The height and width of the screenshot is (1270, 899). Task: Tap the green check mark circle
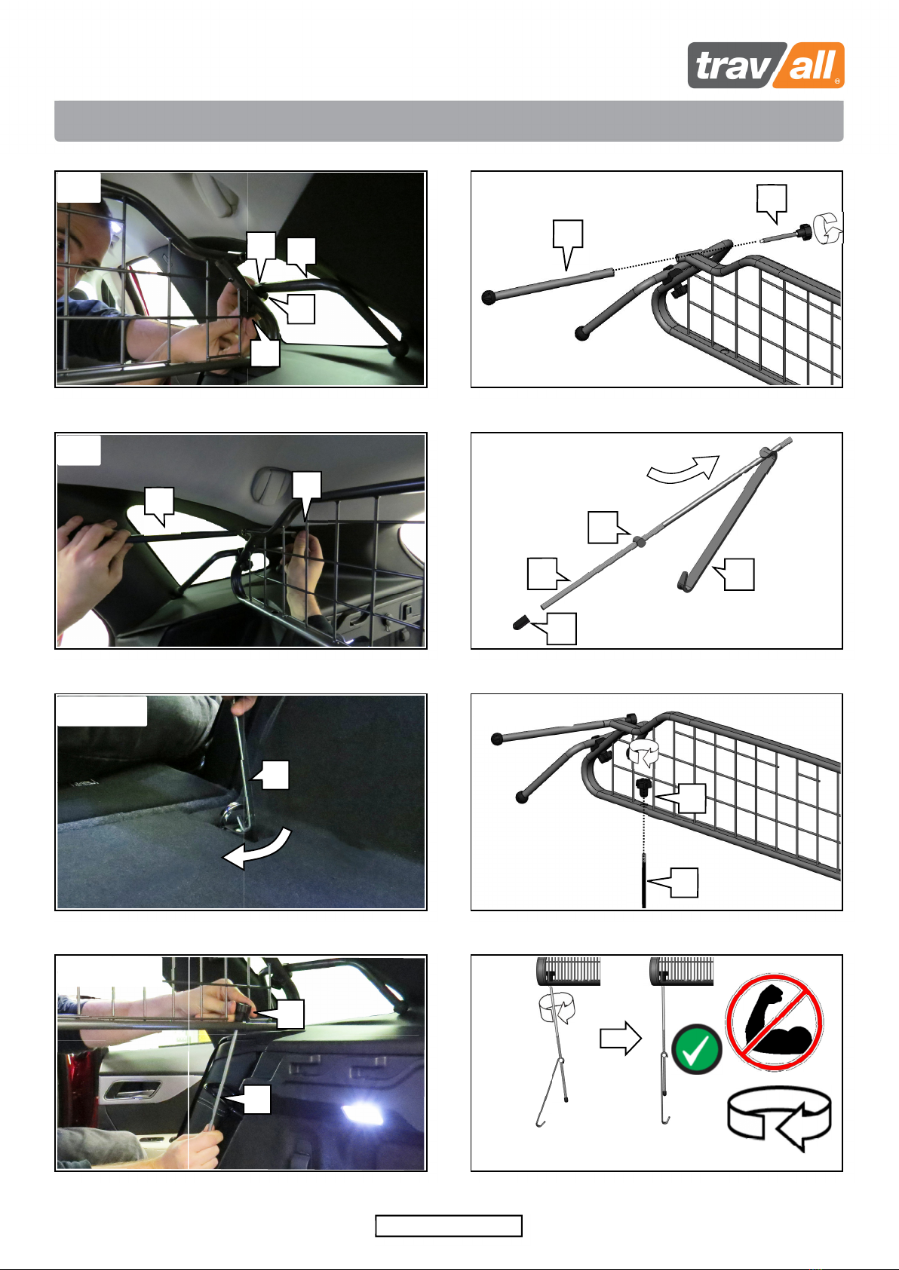pos(697,1049)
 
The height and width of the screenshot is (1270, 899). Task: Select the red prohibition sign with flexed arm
pos(775,1023)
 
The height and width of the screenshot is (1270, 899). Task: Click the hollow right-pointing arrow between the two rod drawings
pos(621,1038)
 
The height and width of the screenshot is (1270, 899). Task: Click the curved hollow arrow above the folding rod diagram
pos(683,470)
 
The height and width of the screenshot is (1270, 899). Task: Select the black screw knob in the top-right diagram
pos(805,232)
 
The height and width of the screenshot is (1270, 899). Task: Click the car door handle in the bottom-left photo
pos(131,1088)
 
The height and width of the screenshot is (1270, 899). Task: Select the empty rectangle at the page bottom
pos(448,1226)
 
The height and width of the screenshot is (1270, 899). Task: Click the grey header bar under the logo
pos(449,121)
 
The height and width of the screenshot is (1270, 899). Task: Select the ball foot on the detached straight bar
pos(489,297)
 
